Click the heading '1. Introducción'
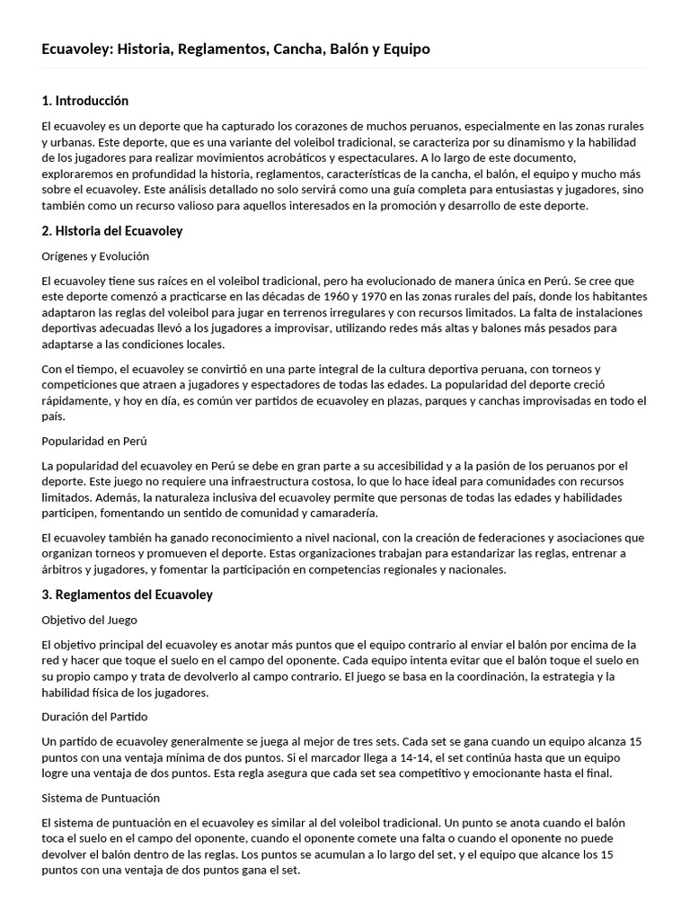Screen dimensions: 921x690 pos(85,101)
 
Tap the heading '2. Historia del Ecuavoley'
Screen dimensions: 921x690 pos(112,231)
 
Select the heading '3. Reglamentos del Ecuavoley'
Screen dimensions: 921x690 pos(128,595)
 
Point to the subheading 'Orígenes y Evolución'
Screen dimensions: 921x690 pos(95,256)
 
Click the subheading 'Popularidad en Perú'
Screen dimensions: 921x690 pos(94,441)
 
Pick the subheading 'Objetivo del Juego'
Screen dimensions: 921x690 pos(89,620)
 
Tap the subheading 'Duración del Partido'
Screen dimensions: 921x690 pos(94,717)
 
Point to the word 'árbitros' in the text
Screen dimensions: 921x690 pos(62,569)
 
